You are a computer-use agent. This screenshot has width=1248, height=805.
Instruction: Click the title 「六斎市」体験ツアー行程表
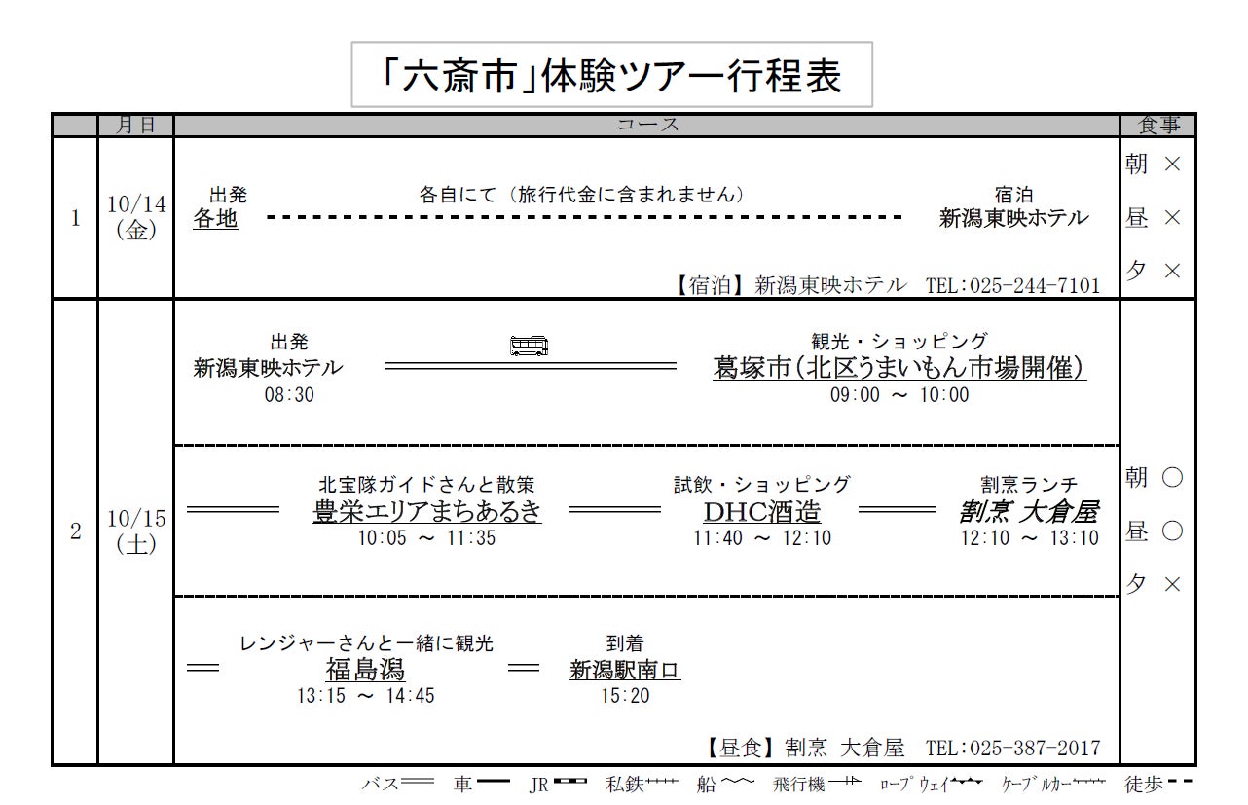[611, 75]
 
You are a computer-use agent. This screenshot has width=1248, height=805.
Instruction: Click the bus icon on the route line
[529, 346]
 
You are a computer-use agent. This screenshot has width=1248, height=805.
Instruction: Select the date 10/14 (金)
[136, 217]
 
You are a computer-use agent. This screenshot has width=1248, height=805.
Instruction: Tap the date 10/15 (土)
[136, 531]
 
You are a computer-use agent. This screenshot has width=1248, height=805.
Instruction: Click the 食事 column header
[1157, 125]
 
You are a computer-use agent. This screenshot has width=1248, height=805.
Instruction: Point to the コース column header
[647, 125]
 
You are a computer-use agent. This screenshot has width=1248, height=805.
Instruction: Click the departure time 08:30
[289, 395]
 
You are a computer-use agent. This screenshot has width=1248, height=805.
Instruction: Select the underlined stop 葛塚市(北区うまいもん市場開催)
[899, 368]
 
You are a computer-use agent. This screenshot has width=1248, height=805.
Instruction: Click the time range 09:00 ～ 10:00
[899, 395]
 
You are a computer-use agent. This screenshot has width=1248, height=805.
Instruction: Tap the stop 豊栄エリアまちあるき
[426, 511]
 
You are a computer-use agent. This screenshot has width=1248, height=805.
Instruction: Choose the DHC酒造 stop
[761, 511]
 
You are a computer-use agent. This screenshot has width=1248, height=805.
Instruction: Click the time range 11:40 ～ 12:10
[761, 538]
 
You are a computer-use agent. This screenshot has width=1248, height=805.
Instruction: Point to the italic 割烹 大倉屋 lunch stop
[1029, 511]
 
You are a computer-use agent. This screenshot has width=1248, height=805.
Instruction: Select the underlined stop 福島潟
[365, 670]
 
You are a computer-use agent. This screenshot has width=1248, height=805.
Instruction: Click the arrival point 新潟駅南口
[625, 670]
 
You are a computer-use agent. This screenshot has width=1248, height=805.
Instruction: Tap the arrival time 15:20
[625, 696]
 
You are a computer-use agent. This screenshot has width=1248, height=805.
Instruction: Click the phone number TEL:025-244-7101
[1012, 285]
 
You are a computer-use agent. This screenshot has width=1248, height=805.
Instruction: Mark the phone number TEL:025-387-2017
[1012, 748]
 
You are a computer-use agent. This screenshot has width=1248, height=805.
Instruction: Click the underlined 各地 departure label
[215, 219]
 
